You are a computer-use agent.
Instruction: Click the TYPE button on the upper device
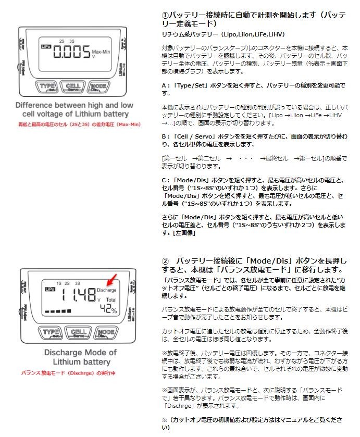tap(47, 87)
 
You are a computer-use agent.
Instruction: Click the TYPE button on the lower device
tap(52, 332)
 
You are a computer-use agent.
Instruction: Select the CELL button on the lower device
tap(78, 332)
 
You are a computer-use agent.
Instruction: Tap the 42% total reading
tap(108, 310)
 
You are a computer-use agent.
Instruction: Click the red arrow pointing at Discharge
tap(111, 280)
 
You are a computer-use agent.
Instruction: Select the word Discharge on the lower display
tap(107, 290)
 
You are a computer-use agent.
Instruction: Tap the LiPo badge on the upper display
tap(45, 46)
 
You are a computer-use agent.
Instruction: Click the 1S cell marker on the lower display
tap(59, 282)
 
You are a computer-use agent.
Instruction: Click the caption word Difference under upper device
tap(34, 105)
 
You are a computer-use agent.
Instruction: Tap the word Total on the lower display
tap(111, 301)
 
